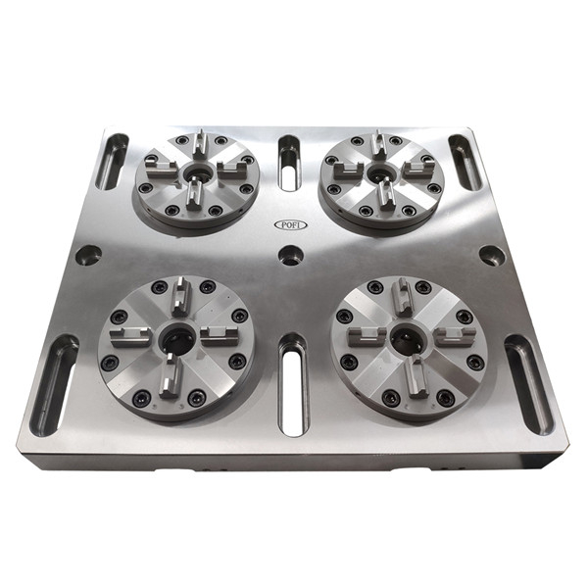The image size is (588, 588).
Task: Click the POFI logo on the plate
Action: (x=291, y=224)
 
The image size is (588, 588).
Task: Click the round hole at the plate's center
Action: (x=291, y=255)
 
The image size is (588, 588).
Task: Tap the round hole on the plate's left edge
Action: (x=88, y=255)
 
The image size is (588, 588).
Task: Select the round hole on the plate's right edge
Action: (x=493, y=255)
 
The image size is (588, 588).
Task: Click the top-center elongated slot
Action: (x=289, y=163)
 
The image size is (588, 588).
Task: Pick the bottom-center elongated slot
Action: (x=293, y=386)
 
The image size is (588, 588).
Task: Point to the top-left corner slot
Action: (x=112, y=162)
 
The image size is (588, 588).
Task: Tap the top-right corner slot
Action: (x=465, y=162)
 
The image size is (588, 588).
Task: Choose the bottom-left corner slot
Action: (x=54, y=386)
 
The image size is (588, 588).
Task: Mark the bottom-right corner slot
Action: (x=529, y=385)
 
